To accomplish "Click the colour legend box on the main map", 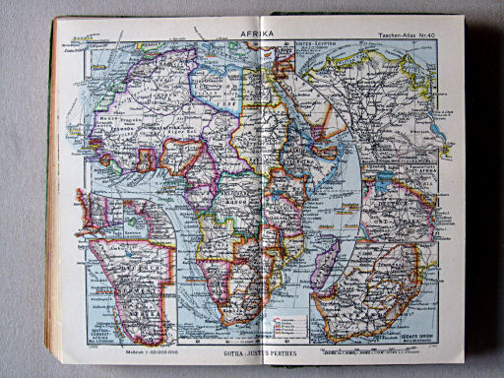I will coord(286,319).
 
